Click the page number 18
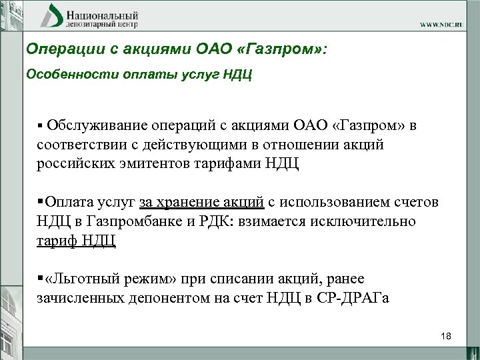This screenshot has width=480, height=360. click(446, 336)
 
